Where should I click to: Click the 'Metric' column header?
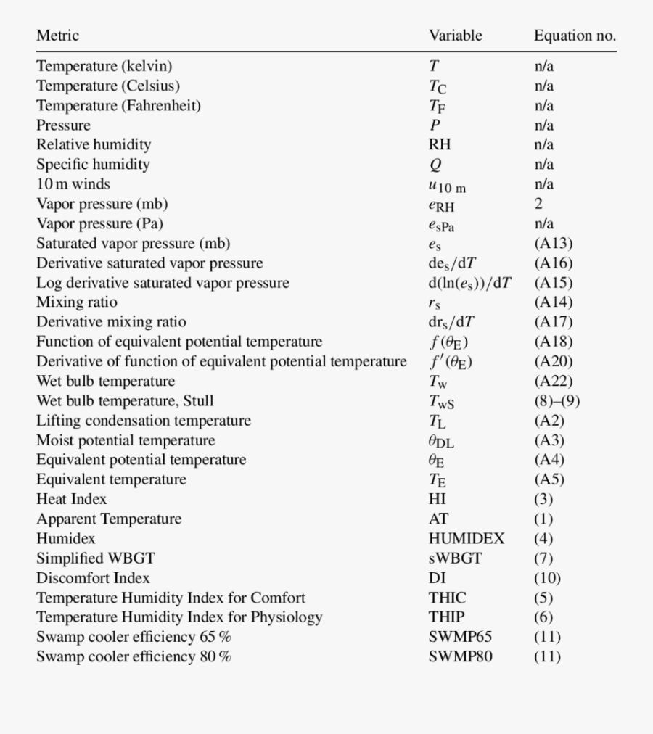[x=57, y=35]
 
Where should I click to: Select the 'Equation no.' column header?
[x=575, y=36]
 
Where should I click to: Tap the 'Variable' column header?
[x=455, y=36]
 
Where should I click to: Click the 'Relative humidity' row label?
[x=94, y=144]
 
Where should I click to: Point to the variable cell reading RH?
[x=440, y=144]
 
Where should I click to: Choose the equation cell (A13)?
[x=553, y=243]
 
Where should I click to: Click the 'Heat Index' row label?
[x=71, y=499]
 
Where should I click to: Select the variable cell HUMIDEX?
[x=466, y=538]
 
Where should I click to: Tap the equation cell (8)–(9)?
[x=557, y=400]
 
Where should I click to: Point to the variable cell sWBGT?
[x=455, y=558]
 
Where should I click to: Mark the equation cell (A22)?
[x=553, y=381]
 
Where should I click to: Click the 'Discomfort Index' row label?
[x=93, y=578]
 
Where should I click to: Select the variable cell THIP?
[x=446, y=617]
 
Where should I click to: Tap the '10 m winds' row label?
[x=73, y=183]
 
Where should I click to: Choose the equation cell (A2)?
[x=549, y=421]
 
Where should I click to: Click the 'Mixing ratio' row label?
[x=76, y=302]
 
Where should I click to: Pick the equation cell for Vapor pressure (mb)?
[x=538, y=204]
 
